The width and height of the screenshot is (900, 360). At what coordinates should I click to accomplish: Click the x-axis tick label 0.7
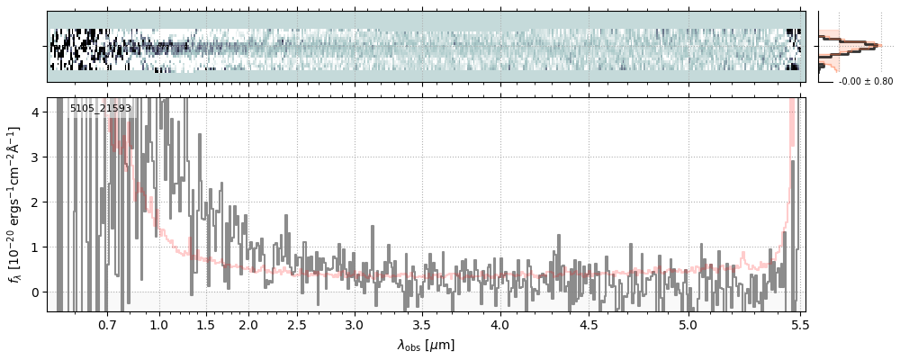coord(107,324)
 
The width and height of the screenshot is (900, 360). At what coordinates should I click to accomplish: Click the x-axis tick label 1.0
coord(159,324)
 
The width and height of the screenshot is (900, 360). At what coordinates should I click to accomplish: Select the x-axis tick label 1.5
coord(205,324)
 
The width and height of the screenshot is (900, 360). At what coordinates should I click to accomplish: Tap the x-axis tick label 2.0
coord(248,324)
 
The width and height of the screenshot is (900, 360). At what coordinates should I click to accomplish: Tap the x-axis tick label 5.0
coord(688,324)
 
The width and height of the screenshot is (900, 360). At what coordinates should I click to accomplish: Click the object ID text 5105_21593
coord(101,109)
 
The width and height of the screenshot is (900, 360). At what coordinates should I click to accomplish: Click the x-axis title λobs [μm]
coord(426,345)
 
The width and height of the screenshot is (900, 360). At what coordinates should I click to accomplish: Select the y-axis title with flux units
coord(14,204)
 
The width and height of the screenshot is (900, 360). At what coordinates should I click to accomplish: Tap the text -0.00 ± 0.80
coord(866,81)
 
